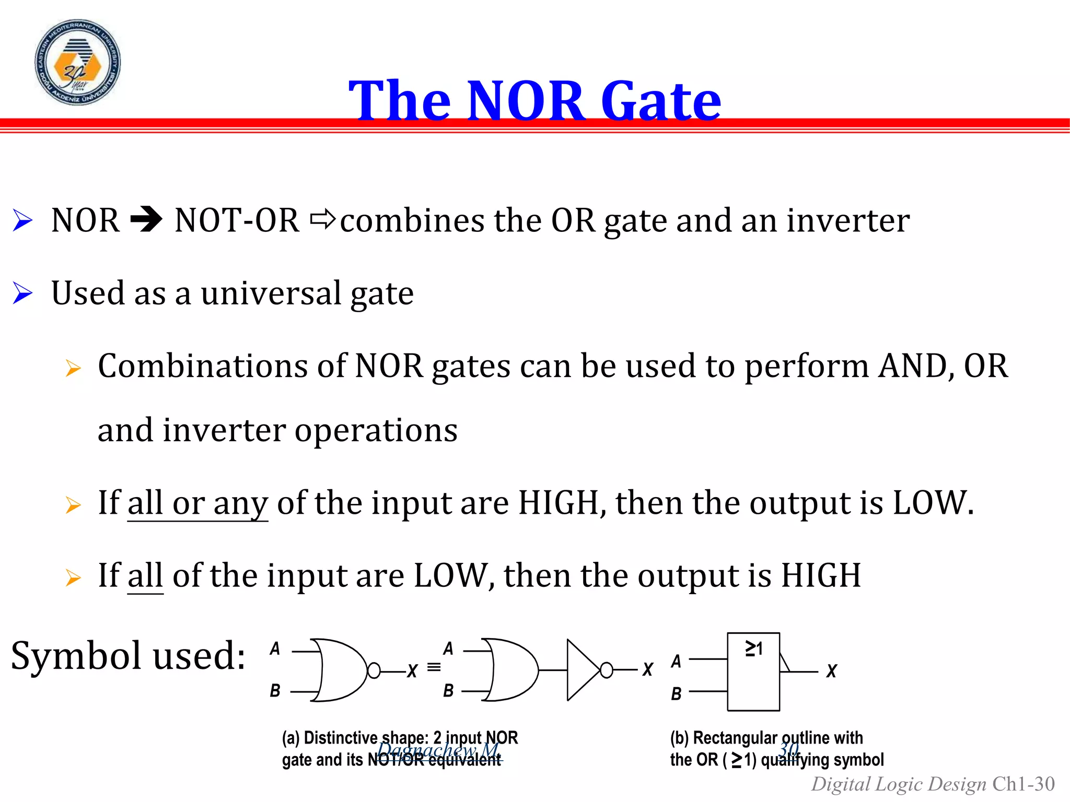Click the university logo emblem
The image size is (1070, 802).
(x=77, y=63)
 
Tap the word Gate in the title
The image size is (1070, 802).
(x=661, y=100)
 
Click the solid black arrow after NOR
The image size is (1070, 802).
(x=147, y=220)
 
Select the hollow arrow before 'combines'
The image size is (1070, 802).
(x=322, y=220)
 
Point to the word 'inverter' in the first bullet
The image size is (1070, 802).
(x=848, y=220)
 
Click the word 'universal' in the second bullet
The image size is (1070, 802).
(x=271, y=293)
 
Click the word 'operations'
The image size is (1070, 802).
(x=376, y=430)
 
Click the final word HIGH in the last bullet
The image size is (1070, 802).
(x=820, y=575)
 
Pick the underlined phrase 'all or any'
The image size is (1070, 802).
(x=197, y=503)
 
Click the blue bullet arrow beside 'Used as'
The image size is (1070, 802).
(x=23, y=293)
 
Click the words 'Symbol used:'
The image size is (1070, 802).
(x=128, y=655)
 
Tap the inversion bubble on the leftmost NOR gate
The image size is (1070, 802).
(x=374, y=670)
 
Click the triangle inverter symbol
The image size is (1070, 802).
(x=582, y=670)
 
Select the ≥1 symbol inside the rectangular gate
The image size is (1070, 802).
(x=753, y=648)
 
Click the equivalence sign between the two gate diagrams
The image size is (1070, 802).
(x=434, y=667)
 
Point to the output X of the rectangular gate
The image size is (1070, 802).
(x=831, y=671)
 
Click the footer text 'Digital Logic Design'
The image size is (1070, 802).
(x=898, y=784)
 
